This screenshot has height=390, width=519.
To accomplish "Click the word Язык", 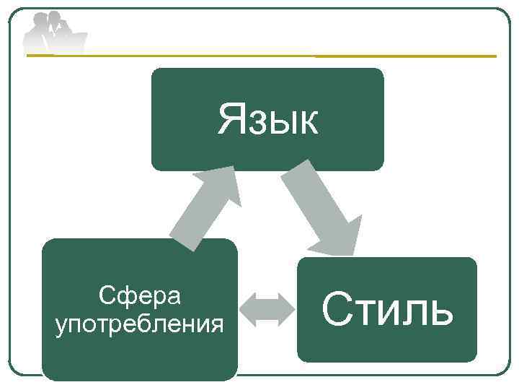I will [x=267, y=120].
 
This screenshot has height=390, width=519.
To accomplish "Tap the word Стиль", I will [x=387, y=310].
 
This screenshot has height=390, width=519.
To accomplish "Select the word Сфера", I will [x=140, y=295].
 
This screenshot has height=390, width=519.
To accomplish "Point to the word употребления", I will [x=140, y=324].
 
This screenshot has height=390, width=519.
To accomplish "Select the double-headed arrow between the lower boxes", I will [x=267, y=309].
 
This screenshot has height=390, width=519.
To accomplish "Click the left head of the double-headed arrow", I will [x=247, y=309].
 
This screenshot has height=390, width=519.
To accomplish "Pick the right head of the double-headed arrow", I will [x=286, y=309].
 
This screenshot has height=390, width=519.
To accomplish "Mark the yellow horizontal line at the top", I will [x=404, y=56].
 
